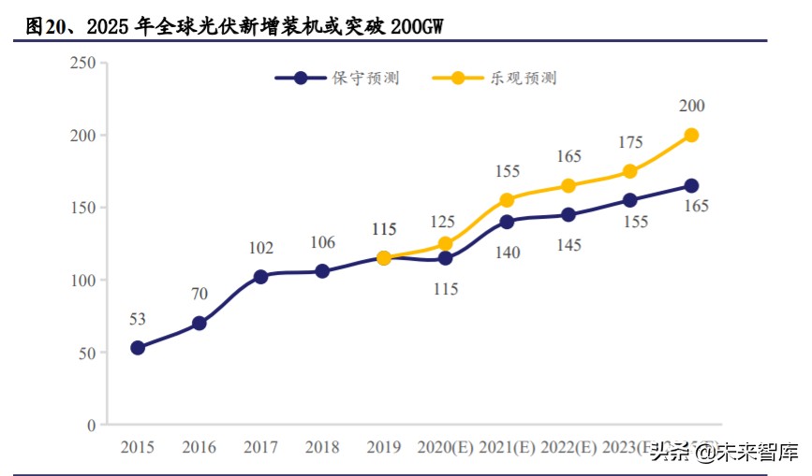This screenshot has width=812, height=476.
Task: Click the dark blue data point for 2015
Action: (x=138, y=348)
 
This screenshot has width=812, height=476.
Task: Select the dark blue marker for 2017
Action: (x=260, y=277)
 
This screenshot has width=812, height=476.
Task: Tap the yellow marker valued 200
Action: (x=691, y=135)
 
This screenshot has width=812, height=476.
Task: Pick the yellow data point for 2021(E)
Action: (x=507, y=200)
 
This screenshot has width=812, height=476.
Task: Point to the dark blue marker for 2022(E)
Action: (x=568, y=215)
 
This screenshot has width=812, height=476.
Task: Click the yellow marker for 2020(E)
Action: (x=445, y=244)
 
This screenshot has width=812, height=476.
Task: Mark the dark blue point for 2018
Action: (x=322, y=271)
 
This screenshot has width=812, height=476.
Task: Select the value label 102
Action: (x=260, y=249)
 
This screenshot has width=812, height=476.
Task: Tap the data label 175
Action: (x=630, y=143)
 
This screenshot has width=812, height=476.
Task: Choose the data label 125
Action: (x=443, y=222)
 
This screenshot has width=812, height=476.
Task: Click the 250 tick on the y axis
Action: (x=83, y=63)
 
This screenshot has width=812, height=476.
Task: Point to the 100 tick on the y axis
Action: (x=83, y=281)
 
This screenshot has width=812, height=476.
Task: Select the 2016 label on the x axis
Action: (x=199, y=448)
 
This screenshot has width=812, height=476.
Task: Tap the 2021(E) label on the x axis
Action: (x=507, y=448)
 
